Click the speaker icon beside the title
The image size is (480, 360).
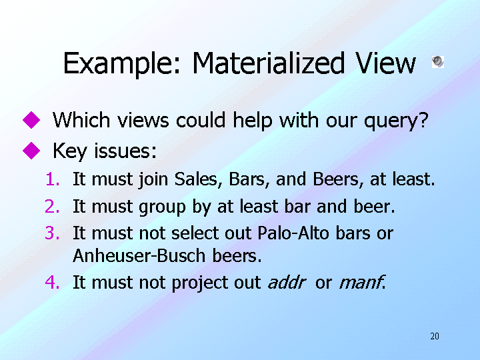click(x=438, y=62)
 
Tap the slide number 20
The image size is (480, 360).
click(x=435, y=336)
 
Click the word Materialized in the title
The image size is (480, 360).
click(x=269, y=63)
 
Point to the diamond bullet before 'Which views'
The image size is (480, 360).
click(x=31, y=120)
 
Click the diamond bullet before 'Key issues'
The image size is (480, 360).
click(x=31, y=150)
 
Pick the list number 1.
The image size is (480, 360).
click(x=53, y=179)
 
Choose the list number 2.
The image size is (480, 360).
click(x=53, y=206)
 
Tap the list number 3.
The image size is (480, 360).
click(x=53, y=233)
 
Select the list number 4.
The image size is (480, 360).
click(x=53, y=282)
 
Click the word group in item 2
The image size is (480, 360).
click(x=162, y=207)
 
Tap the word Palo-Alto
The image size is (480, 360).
click(x=293, y=233)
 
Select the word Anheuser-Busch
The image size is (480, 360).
click(x=139, y=255)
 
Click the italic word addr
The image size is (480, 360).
click(x=287, y=282)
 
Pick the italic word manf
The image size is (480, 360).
click(x=362, y=282)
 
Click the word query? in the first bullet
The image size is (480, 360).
click(x=396, y=121)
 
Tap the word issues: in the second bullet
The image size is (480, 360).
click(x=125, y=151)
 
